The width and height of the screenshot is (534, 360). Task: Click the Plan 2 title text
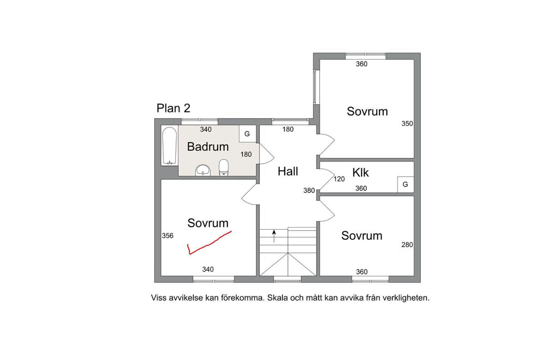173,108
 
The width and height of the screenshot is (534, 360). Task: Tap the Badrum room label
208,147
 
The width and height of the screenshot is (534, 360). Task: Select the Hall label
288,171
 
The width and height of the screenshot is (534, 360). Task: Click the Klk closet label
360,172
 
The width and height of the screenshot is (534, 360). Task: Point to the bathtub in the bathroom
170,146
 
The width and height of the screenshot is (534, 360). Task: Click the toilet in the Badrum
223,168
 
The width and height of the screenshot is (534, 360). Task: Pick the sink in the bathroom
203,170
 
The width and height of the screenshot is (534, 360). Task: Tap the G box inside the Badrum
247,134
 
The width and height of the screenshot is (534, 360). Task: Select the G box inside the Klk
405,184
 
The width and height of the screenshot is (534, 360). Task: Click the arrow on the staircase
274,236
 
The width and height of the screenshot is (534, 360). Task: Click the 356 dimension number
168,236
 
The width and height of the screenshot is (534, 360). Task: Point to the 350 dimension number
407,124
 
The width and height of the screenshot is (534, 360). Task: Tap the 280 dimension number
407,245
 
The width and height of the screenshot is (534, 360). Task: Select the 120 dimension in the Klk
339,179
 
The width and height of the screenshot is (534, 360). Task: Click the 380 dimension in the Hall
309,190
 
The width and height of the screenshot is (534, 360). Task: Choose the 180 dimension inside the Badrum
246,154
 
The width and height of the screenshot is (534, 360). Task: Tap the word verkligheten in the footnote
406,298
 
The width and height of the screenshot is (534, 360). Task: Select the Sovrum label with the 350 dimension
368,111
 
